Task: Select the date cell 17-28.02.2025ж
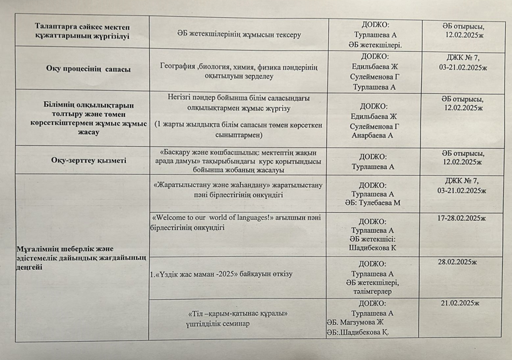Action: [x=462, y=218]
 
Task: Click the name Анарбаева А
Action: [x=372, y=135]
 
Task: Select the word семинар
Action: [x=235, y=324]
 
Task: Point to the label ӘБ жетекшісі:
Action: [x=372, y=239]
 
